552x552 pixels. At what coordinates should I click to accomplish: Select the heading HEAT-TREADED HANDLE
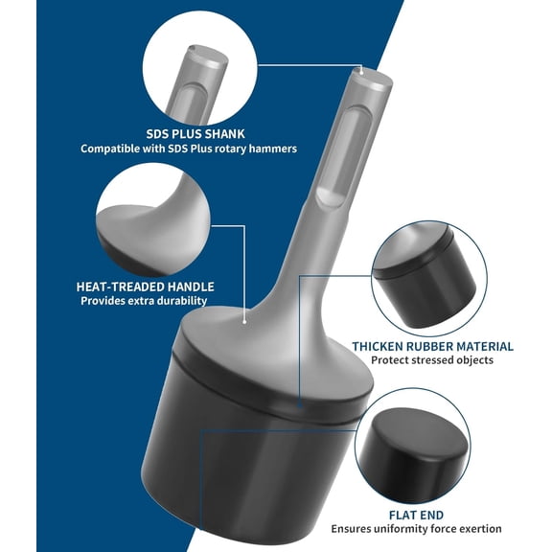click(145, 286)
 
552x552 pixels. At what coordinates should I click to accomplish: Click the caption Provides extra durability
click(145, 300)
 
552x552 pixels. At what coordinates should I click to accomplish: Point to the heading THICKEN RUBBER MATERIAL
click(432, 346)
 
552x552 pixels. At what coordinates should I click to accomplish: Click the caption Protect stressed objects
click(432, 360)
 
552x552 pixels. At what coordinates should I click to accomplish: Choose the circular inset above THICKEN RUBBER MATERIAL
click(426, 276)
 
